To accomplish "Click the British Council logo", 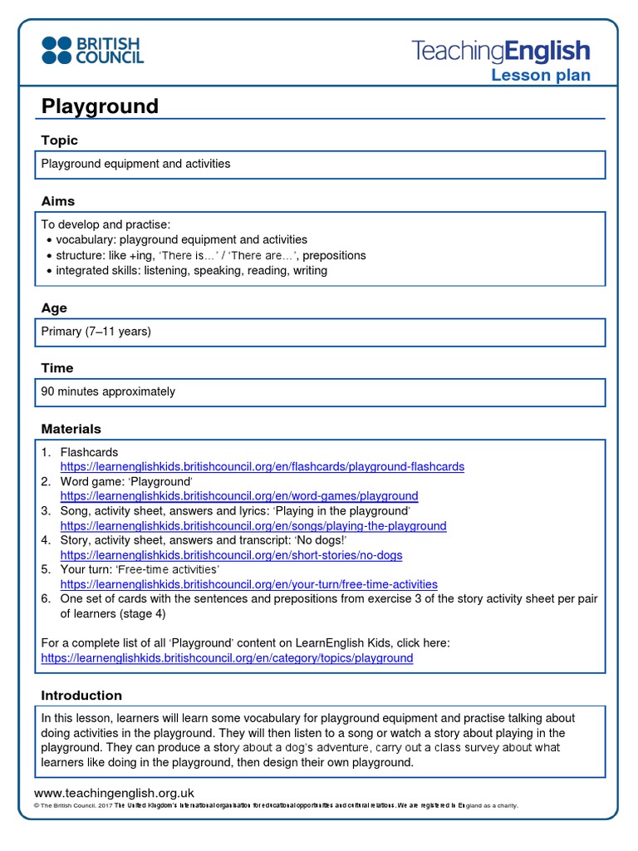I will (93, 50).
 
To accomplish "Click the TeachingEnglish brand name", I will (501, 51).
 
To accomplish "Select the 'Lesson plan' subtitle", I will (540, 76).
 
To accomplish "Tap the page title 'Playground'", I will (100, 106).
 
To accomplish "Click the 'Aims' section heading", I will (58, 201).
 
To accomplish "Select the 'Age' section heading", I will (54, 307).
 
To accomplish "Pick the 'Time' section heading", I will (57, 368).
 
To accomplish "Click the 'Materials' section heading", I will (71, 429).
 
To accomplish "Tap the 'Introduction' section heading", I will (81, 696).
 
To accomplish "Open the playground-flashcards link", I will (262, 467).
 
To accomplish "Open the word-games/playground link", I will (239, 497).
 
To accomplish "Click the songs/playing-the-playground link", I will (253, 526).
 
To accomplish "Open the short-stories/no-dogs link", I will (231, 555).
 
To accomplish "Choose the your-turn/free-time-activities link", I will (248, 585).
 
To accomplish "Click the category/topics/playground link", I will (227, 658).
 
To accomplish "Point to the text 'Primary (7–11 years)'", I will (96, 332).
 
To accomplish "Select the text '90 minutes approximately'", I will (108, 391).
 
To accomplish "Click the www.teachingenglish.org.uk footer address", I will (114, 793).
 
